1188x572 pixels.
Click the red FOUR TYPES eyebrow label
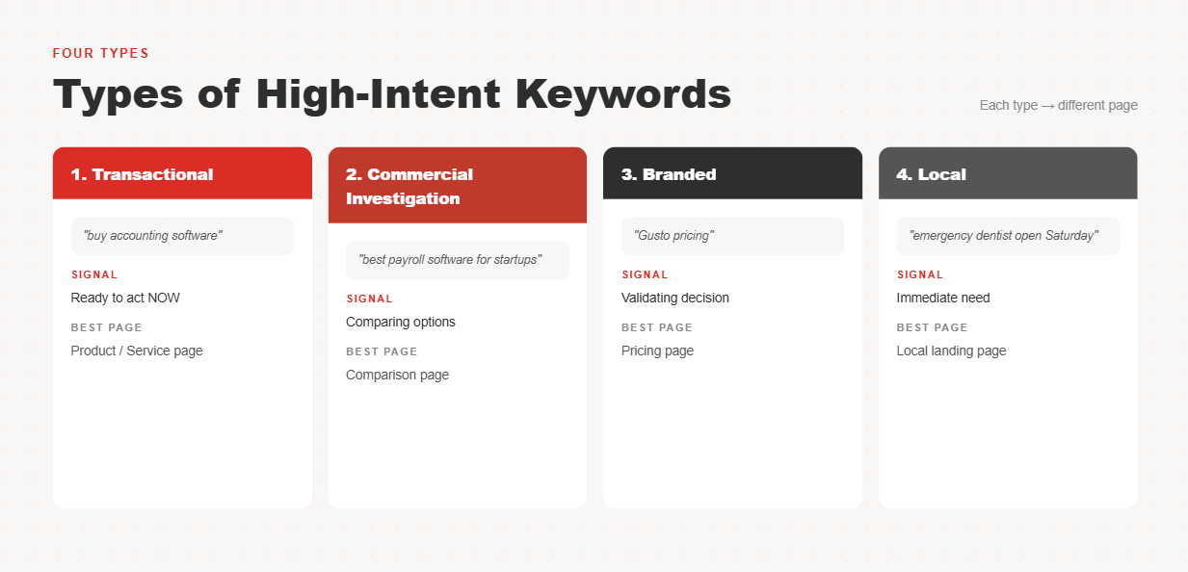pyautogui.click(x=101, y=54)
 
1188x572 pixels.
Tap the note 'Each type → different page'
pyautogui.click(x=1059, y=106)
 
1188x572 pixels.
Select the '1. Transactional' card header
pyautogui.click(x=182, y=173)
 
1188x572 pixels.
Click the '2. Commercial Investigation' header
pyautogui.click(x=458, y=186)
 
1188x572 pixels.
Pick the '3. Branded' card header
pyautogui.click(x=732, y=173)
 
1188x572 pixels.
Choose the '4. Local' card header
pyautogui.click(x=1008, y=173)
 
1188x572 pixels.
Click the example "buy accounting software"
pyautogui.click(x=153, y=236)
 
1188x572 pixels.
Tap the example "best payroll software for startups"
pyautogui.click(x=450, y=260)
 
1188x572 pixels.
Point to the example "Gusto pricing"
pyautogui.click(x=673, y=236)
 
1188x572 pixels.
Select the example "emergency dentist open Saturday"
pyautogui.click(x=1003, y=236)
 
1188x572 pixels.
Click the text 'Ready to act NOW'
pyautogui.click(x=125, y=298)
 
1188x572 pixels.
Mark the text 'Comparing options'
pyautogui.click(x=401, y=323)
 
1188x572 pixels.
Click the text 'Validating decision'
pyautogui.click(x=675, y=298)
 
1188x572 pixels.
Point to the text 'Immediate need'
pyautogui.click(x=943, y=298)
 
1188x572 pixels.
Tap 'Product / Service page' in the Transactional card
pyautogui.click(x=137, y=351)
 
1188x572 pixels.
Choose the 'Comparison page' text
pyautogui.click(x=397, y=376)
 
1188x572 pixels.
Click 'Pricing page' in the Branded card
pyautogui.click(x=657, y=351)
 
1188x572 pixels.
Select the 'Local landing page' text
pyautogui.click(x=951, y=351)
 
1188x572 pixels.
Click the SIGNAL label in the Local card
pyautogui.click(x=920, y=274)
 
